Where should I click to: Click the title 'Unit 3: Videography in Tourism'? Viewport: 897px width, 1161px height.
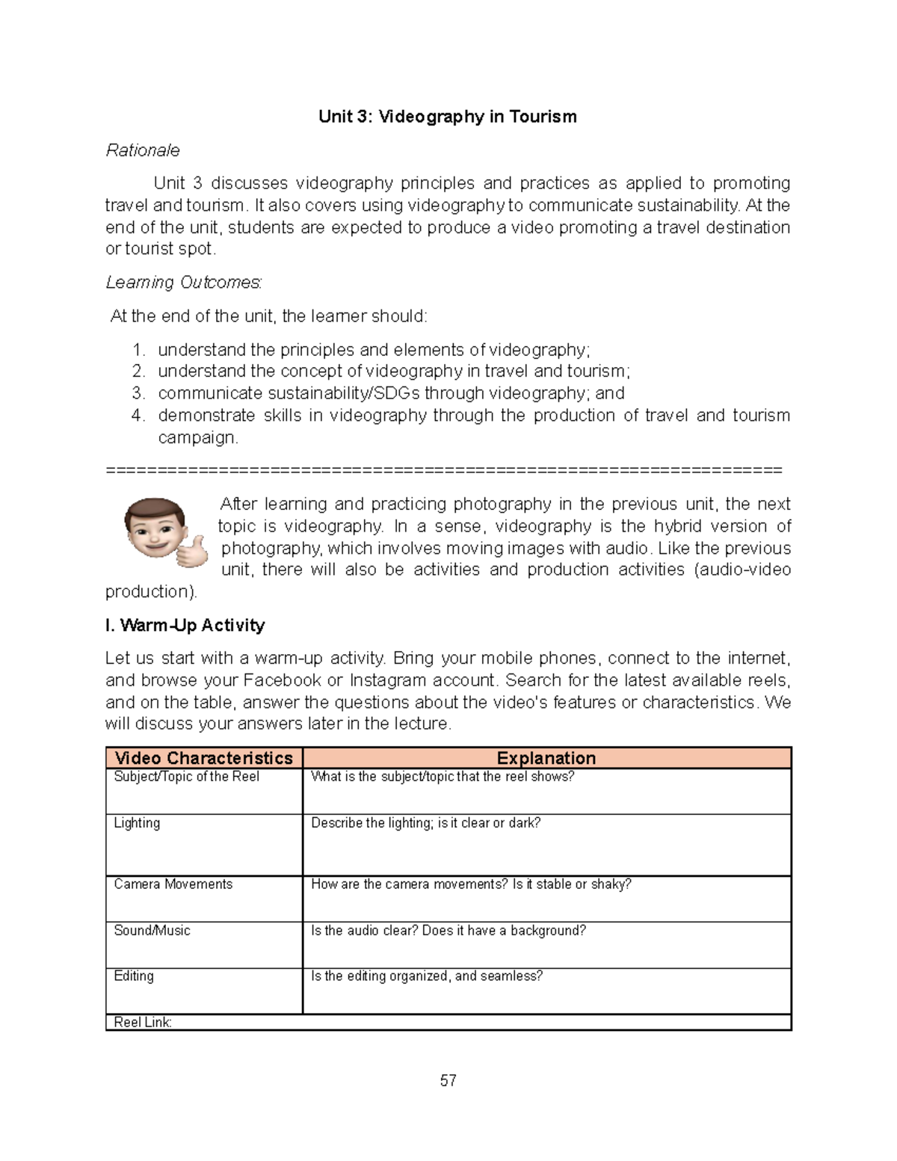click(x=447, y=117)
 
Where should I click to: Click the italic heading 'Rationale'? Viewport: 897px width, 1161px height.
click(x=143, y=150)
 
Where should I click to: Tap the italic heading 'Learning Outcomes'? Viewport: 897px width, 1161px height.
click(x=183, y=283)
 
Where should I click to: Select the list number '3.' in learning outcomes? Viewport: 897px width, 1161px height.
click(x=138, y=393)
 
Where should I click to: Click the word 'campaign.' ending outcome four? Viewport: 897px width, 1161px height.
click(x=198, y=437)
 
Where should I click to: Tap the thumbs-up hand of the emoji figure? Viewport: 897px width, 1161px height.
click(x=192, y=551)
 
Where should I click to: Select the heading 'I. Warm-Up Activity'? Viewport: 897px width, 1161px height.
click(x=185, y=625)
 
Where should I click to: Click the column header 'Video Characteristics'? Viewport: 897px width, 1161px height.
click(x=203, y=758)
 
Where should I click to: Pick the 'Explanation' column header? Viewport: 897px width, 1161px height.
click(x=546, y=758)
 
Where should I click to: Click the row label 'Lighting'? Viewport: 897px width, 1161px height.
click(x=137, y=823)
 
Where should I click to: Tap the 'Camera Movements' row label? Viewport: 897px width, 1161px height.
click(x=173, y=884)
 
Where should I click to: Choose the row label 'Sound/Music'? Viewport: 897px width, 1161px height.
click(x=152, y=931)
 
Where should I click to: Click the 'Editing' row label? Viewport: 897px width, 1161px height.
click(x=134, y=976)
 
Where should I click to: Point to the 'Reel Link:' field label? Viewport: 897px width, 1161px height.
click(x=143, y=1023)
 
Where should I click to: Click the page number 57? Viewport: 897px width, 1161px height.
click(x=448, y=1081)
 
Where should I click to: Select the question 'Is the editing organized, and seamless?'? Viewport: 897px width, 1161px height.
click(x=426, y=976)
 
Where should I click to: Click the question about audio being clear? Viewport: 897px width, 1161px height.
click(x=448, y=931)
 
